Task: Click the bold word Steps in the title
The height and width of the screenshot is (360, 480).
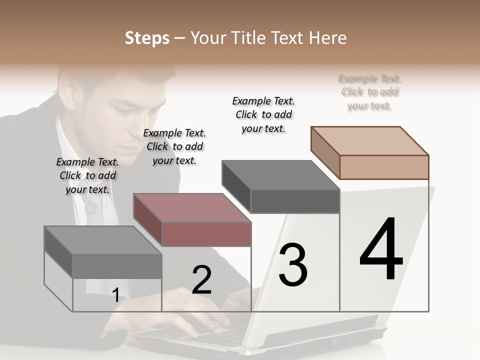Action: [x=147, y=38]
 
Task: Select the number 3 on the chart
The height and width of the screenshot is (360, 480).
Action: [x=293, y=264]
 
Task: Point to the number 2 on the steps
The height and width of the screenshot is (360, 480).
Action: [x=201, y=280]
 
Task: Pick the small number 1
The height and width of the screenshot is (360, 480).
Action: [x=116, y=295]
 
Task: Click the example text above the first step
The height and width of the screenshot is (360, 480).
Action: [x=87, y=175]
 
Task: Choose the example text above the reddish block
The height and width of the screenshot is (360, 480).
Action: [x=174, y=146]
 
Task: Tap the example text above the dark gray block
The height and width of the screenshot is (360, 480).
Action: [x=263, y=114]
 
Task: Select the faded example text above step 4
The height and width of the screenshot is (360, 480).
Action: [x=369, y=92]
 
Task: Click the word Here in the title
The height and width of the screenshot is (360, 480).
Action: [x=328, y=38]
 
